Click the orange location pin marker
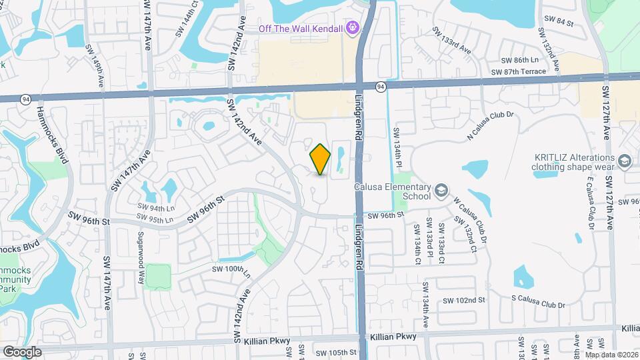tap(321, 159)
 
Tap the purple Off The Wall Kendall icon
tap(353, 28)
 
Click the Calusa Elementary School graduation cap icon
tap(441, 192)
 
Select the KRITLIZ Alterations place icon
tap(625, 161)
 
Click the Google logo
tap(21, 351)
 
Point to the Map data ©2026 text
tap(612, 355)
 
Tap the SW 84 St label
tap(559, 21)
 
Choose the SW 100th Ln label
tap(231, 270)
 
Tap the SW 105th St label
tap(337, 353)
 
